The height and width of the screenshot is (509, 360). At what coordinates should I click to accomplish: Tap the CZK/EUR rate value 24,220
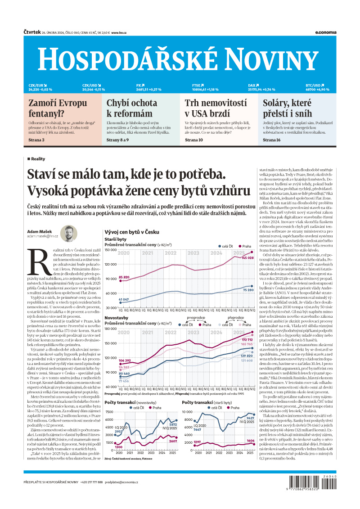(35, 90)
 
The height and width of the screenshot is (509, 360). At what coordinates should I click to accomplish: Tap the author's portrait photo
(69, 234)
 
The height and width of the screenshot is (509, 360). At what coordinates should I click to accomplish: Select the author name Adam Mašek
(40, 231)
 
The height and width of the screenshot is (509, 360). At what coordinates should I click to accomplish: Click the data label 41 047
(124, 299)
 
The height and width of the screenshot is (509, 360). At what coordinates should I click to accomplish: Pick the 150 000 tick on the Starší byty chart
(110, 249)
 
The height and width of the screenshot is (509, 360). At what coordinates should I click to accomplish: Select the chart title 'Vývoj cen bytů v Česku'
(132, 232)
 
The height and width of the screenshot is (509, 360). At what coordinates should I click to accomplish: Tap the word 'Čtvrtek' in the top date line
(31, 32)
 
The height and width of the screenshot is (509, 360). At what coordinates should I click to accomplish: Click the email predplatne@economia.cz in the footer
(121, 482)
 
